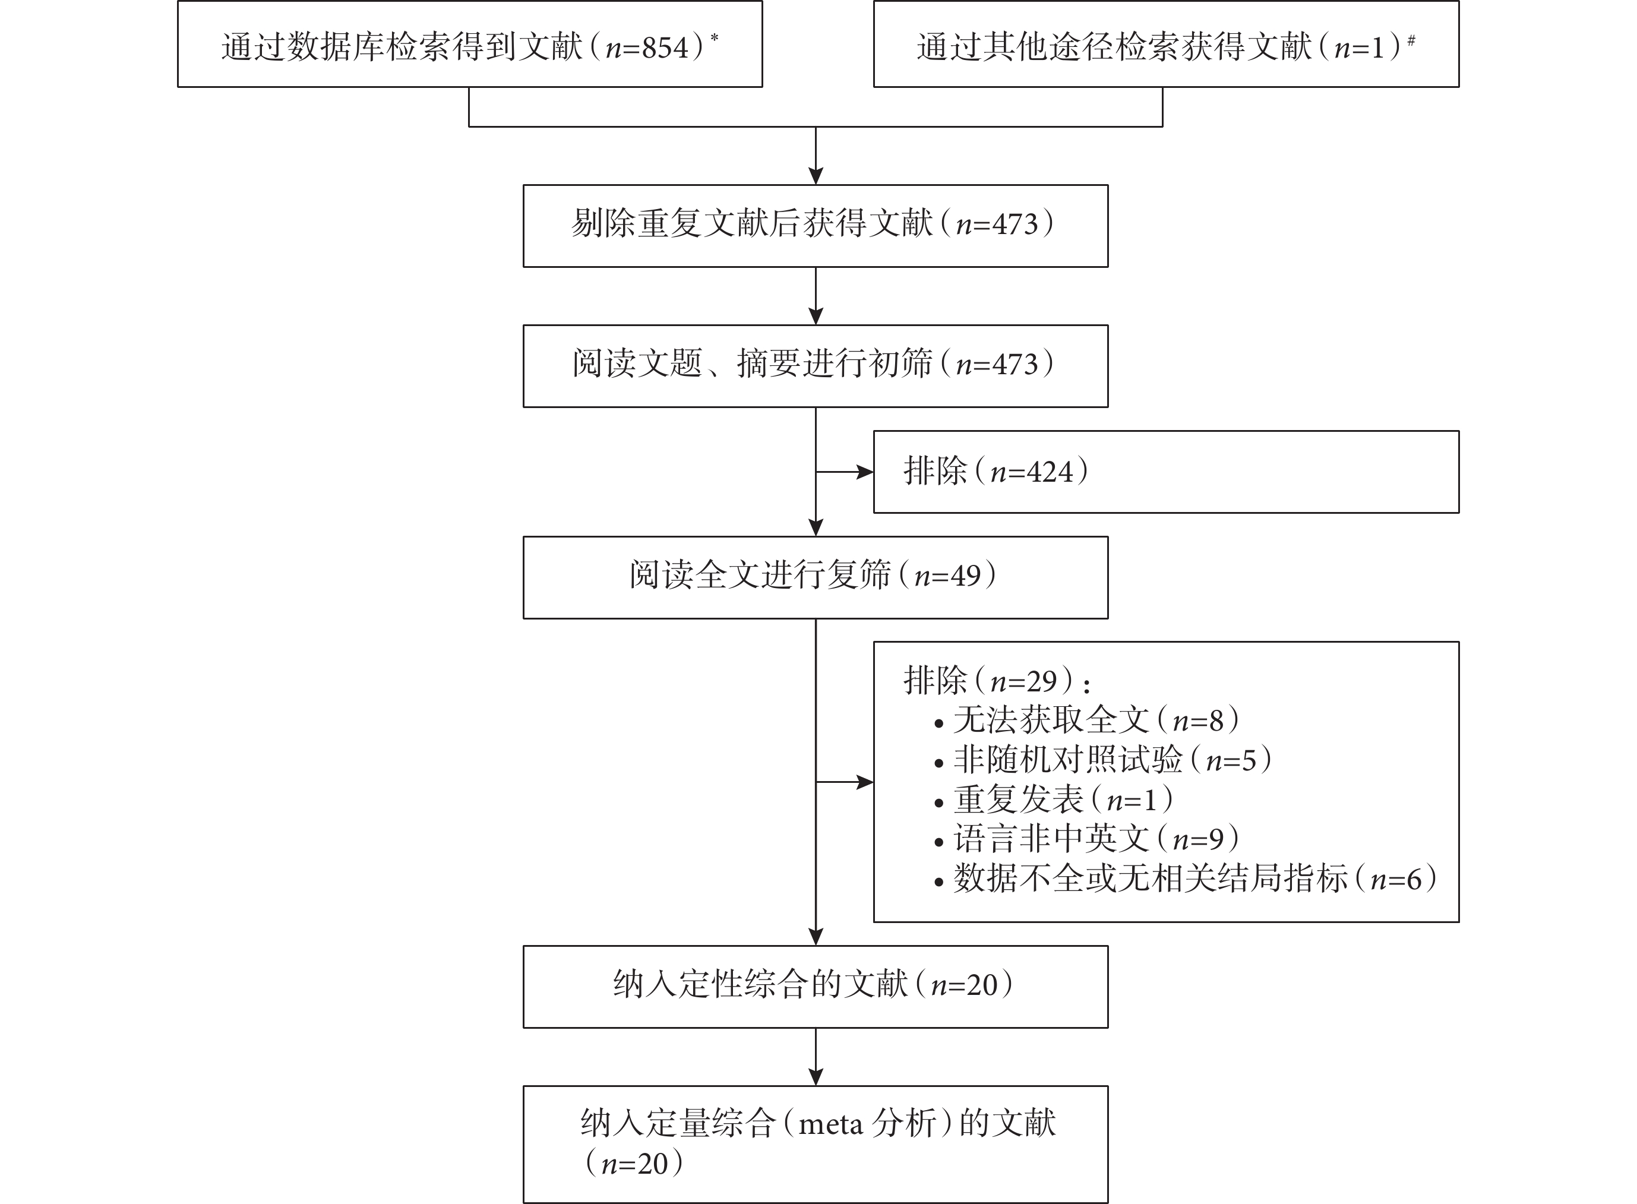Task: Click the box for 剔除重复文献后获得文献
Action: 816,226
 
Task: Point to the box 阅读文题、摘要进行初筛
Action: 816,366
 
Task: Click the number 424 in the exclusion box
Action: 1050,472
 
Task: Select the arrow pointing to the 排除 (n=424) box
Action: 845,472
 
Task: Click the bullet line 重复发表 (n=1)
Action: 1054,800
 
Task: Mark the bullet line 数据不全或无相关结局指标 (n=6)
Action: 1185,879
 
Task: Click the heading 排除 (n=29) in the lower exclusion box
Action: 996,681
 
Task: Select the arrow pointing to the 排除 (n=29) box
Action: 845,783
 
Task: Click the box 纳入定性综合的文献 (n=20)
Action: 816,987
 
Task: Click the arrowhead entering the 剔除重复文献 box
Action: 816,176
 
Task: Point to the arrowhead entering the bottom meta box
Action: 816,1077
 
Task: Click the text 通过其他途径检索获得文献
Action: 1114,48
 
